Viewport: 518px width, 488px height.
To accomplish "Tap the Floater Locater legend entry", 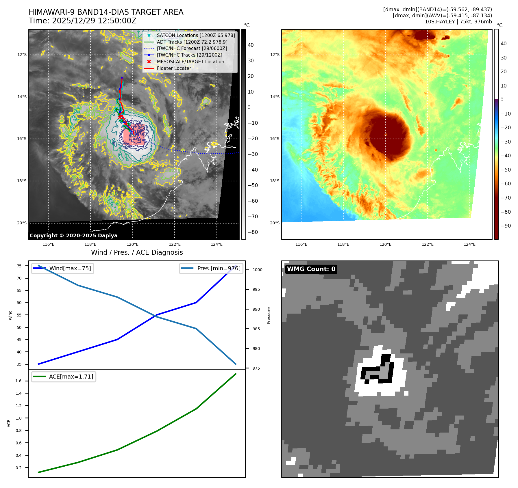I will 174,68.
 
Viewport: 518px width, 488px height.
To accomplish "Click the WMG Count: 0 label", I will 311,269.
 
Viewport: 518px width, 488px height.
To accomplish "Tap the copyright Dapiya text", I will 73,236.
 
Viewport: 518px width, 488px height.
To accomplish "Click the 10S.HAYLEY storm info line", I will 458,22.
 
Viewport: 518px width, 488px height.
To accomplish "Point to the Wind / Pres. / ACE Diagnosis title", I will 137,252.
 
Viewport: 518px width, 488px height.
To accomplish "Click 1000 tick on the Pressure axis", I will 257,270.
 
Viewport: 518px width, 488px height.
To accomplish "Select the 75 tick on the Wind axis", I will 19,266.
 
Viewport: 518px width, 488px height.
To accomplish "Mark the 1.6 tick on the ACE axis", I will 18,381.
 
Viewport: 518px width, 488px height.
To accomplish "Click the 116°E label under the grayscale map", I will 48,244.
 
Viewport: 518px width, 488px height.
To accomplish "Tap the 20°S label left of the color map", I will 275,223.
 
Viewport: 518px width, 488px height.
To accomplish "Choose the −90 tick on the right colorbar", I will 506,226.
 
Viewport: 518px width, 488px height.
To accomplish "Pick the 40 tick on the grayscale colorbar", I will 251,45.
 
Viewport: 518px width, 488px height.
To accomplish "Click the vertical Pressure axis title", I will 269,315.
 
